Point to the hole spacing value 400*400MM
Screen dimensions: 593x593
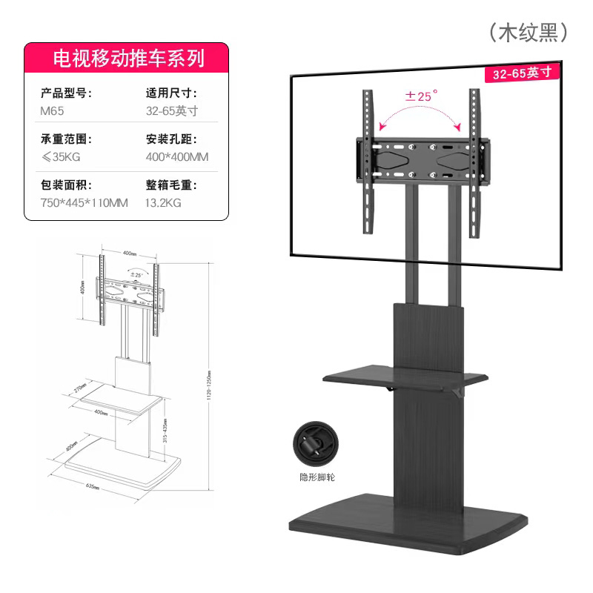point(177,157)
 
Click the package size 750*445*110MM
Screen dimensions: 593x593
point(84,202)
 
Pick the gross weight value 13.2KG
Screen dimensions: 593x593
point(164,202)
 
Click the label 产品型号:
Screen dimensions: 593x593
point(65,93)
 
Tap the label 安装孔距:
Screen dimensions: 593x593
point(171,139)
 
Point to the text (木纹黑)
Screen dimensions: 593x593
point(527,32)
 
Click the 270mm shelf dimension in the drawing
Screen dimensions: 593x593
point(81,387)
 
